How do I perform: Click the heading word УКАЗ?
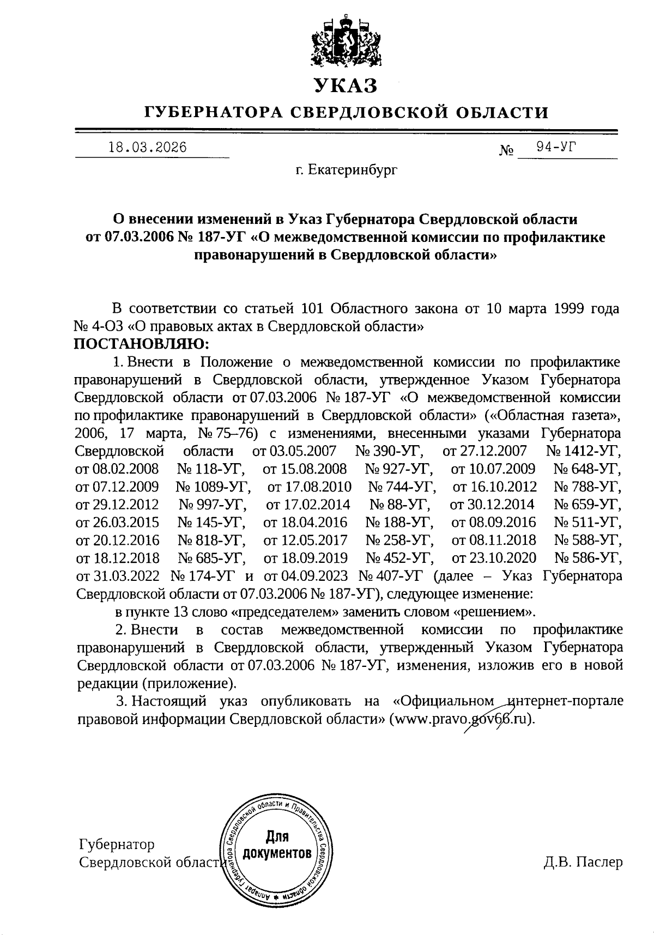(344, 86)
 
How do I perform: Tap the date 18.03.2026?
(148, 148)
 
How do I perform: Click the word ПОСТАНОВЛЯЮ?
(141, 344)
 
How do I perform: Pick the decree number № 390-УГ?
(391, 451)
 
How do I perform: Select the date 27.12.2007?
(485, 451)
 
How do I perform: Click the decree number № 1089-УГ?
(213, 487)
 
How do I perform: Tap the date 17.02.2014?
(308, 505)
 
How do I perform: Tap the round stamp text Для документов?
(277, 845)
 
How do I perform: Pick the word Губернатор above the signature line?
(117, 845)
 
